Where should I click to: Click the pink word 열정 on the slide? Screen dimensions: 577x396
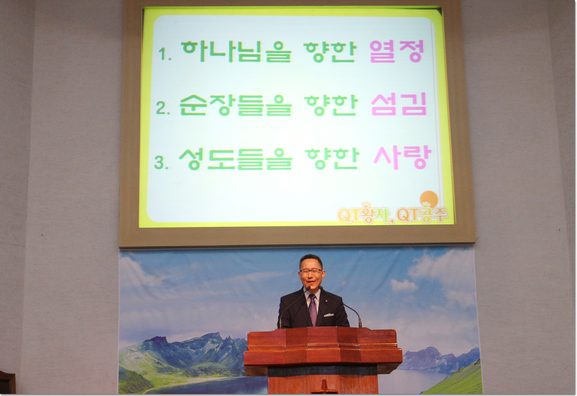pyautogui.click(x=397, y=51)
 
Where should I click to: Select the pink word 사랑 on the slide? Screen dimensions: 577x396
pyautogui.click(x=402, y=157)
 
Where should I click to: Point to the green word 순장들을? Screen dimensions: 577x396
pyautogui.click(x=235, y=104)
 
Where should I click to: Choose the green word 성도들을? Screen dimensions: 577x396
pyautogui.click(x=235, y=158)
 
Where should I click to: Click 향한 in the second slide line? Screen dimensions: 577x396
pyautogui.click(x=331, y=104)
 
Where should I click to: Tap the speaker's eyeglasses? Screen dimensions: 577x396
pyautogui.click(x=311, y=271)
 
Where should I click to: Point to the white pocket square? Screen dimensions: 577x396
pyautogui.click(x=329, y=315)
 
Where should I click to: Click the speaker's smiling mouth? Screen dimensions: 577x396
pyautogui.click(x=310, y=282)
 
